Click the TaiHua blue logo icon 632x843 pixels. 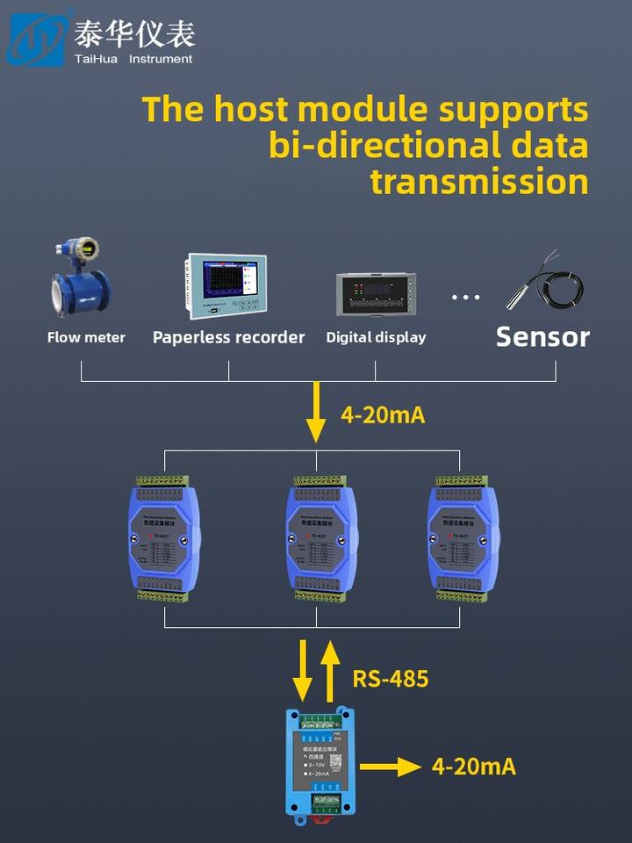tap(36, 38)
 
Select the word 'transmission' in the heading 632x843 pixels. tap(478, 181)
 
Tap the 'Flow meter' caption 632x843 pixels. tap(86, 337)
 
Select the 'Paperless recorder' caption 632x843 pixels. tap(228, 337)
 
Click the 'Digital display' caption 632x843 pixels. tap(376, 337)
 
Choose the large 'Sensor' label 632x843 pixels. tap(542, 336)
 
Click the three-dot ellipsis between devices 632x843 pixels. tap(466, 298)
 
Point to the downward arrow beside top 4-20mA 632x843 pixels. tap(315, 418)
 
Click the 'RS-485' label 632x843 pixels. tap(391, 678)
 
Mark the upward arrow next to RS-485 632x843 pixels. tap(330, 671)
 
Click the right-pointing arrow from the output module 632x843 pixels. tap(391, 767)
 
